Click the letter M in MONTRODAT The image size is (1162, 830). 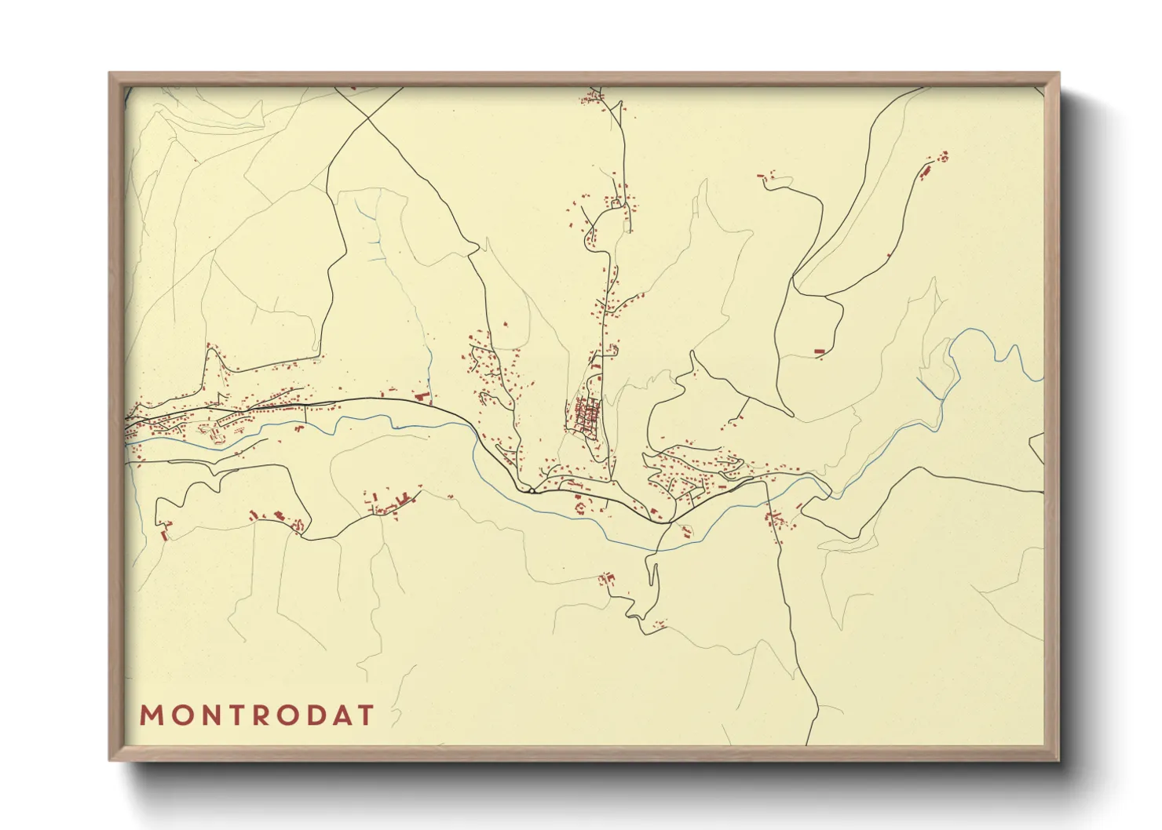coord(151,715)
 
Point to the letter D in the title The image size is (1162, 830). coord(313,715)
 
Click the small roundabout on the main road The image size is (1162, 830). coord(532,491)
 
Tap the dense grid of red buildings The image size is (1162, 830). coord(586,416)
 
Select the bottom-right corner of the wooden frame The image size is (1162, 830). coord(1058,759)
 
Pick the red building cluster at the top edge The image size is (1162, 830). coord(591,98)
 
